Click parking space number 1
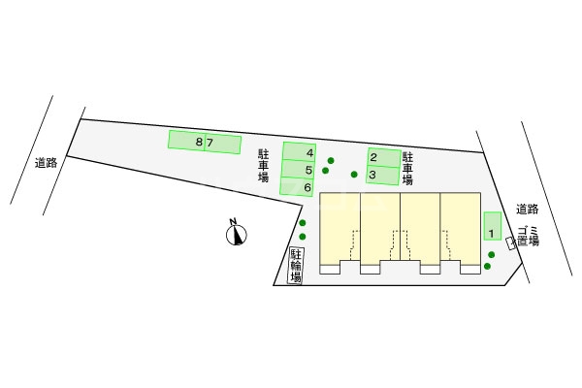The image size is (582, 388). point(493,226)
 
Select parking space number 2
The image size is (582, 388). point(384,157)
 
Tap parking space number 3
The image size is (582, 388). point(383,175)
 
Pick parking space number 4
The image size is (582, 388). point(299,152)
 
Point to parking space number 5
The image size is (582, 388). point(298,170)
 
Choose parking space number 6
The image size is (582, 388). point(297,186)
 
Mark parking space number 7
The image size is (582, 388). point(223,144)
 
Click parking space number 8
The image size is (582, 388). point(186,141)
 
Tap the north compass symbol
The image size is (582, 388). point(237,235)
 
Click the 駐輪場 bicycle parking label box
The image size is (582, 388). point(296,266)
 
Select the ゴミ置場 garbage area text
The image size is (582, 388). point(529,236)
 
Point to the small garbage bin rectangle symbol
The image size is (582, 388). point(511,243)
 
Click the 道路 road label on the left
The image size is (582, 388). point(46,163)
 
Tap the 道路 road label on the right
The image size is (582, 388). point(527,210)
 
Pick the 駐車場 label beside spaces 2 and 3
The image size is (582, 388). point(407,168)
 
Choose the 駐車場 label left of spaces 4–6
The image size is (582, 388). point(264,165)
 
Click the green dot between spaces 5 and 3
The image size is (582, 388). point(354,175)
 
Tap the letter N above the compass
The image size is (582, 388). point(233,222)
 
